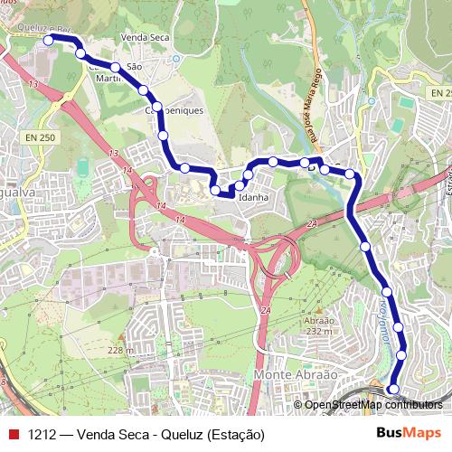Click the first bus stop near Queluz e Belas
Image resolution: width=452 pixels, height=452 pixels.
pos(49,40)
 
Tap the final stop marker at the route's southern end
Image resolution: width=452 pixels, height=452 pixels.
pos(391,390)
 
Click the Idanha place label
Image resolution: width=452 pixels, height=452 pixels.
pos(254,196)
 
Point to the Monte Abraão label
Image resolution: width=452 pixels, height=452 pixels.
pos(296,374)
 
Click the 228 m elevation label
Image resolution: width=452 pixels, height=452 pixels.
pos(120,351)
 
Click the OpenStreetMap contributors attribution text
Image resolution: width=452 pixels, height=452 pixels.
pos(373,404)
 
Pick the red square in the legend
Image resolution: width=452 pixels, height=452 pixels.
pos(14,435)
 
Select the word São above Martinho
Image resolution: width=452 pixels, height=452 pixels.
pos(136,66)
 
